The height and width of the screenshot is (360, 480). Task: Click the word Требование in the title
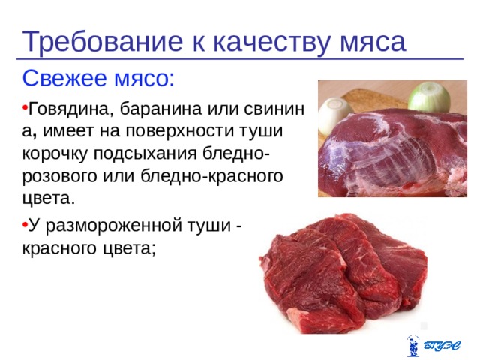click(103, 42)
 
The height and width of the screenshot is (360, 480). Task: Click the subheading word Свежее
click(64, 79)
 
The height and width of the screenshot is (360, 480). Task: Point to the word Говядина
click(69, 109)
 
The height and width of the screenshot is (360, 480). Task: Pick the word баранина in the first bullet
click(159, 109)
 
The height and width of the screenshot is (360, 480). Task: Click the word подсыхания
click(145, 154)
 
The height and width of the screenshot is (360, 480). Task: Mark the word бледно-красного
click(211, 177)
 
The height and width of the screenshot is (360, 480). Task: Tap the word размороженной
click(112, 226)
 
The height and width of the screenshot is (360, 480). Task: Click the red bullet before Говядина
click(25, 107)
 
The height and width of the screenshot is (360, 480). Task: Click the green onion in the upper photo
click(429, 97)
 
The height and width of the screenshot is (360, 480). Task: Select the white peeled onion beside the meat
click(335, 115)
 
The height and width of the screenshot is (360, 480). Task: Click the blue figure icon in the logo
click(413, 346)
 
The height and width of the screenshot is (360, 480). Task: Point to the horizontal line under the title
click(240, 58)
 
